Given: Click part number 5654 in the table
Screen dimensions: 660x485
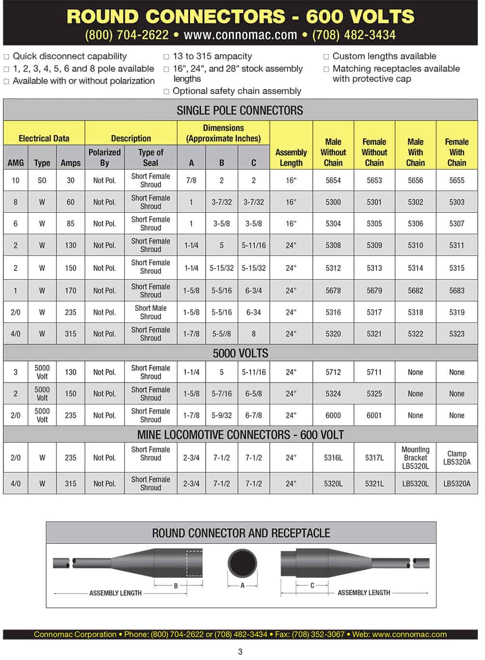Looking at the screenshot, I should click(333, 180).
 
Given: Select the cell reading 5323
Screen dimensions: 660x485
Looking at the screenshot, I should click(456, 334).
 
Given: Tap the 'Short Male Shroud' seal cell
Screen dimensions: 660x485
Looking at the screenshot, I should click(150, 312).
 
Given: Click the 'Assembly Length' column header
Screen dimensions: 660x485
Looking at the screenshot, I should click(291, 157).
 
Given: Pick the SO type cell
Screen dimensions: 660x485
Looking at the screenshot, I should click(42, 180).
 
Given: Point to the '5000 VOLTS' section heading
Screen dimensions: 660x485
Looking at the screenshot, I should click(240, 353).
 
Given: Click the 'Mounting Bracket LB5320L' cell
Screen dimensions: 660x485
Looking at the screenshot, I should click(415, 458).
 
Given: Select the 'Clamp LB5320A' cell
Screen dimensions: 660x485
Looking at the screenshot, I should click(456, 458).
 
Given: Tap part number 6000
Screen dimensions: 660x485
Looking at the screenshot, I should click(333, 415).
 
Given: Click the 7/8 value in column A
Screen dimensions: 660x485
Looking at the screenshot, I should click(191, 180).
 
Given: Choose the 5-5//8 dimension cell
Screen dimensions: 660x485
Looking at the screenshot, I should click(222, 334).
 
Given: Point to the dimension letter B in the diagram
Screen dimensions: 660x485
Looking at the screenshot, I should click(176, 586).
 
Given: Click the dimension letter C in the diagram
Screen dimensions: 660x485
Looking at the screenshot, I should click(312, 586).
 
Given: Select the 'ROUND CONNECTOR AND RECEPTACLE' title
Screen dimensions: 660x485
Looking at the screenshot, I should click(241, 533).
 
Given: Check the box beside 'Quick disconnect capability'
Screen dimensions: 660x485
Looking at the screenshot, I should click(6, 57).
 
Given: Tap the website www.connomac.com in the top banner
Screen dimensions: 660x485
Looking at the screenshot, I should click(240, 35).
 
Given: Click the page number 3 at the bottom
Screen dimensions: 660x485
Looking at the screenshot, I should click(240, 652).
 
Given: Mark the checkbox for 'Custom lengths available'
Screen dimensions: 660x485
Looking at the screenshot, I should click(326, 57).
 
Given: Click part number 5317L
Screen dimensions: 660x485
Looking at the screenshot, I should click(374, 458).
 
